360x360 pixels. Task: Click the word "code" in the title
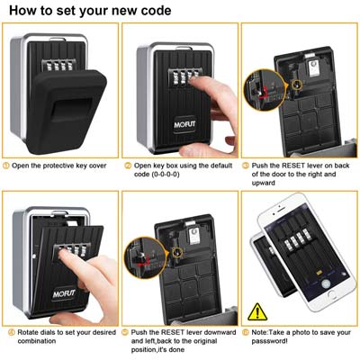(155, 11)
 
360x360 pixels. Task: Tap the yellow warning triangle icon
(257, 312)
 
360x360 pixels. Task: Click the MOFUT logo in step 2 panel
(184, 124)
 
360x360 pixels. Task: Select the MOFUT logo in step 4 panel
(64, 294)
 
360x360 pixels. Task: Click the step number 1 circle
(6, 166)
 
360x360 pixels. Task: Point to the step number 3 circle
(246, 166)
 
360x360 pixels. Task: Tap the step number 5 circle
(125, 332)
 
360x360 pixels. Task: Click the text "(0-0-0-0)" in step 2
(165, 175)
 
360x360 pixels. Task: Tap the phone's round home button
(332, 294)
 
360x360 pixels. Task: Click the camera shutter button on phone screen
(326, 283)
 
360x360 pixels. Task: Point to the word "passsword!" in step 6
(270, 341)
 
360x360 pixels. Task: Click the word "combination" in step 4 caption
(37, 341)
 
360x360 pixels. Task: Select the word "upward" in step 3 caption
(264, 183)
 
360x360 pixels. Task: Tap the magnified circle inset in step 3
(265, 90)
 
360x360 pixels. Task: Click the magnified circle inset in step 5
(146, 258)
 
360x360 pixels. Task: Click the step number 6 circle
(246, 332)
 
